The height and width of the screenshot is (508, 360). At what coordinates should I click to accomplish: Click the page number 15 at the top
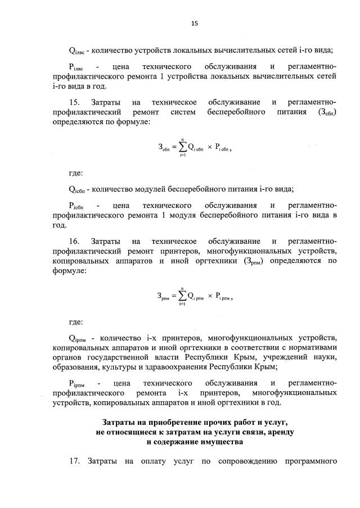(195, 23)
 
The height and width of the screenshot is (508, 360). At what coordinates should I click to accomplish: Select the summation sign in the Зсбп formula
(182, 147)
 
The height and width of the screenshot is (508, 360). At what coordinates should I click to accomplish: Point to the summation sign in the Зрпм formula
(182, 295)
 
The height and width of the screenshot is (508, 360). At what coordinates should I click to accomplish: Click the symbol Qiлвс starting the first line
(76, 51)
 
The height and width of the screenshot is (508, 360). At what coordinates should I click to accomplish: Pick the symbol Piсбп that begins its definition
(76, 205)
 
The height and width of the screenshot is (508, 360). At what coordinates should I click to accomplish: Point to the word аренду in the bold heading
(278, 431)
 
